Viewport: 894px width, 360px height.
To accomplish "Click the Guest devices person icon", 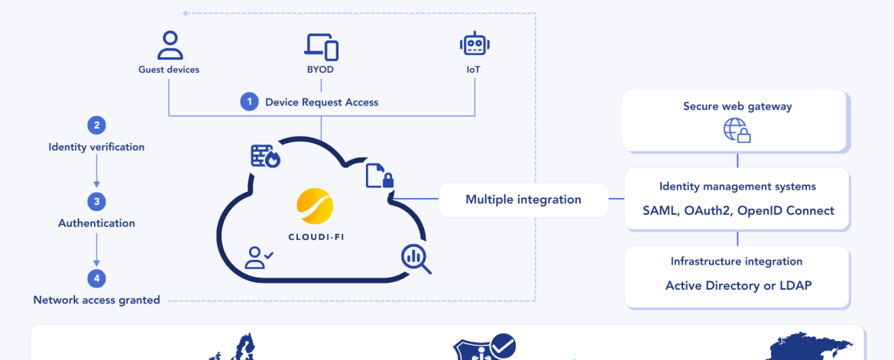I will click(x=170, y=45).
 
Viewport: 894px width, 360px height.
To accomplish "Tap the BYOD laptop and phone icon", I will click(x=322, y=46).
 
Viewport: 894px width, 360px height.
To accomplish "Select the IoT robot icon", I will click(x=475, y=44).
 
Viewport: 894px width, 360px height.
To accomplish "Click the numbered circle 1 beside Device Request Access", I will click(x=249, y=102).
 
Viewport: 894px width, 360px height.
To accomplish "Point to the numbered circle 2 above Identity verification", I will click(x=96, y=125).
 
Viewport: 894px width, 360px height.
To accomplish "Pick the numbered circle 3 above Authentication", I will click(x=96, y=202).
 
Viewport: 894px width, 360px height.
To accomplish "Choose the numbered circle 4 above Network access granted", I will click(x=96, y=278).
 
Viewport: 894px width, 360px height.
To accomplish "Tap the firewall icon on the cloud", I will click(x=266, y=155).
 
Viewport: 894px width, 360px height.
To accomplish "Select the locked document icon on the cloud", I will click(x=380, y=176).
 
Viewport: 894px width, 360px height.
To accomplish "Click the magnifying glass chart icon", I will click(x=416, y=258).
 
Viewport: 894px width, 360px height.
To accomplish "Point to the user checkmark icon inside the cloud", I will click(x=258, y=258).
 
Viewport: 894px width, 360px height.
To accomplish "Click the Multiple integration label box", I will click(x=523, y=199).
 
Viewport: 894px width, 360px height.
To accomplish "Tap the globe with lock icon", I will click(x=737, y=130).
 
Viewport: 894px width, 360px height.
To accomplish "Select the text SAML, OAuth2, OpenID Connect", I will click(x=737, y=210).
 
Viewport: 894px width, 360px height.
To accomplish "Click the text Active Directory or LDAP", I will click(x=737, y=286).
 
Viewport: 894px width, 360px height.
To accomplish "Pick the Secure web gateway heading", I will click(x=737, y=106).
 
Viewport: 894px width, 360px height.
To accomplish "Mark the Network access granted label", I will click(x=97, y=300).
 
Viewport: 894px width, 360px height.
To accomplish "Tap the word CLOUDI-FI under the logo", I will click(x=315, y=236).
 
